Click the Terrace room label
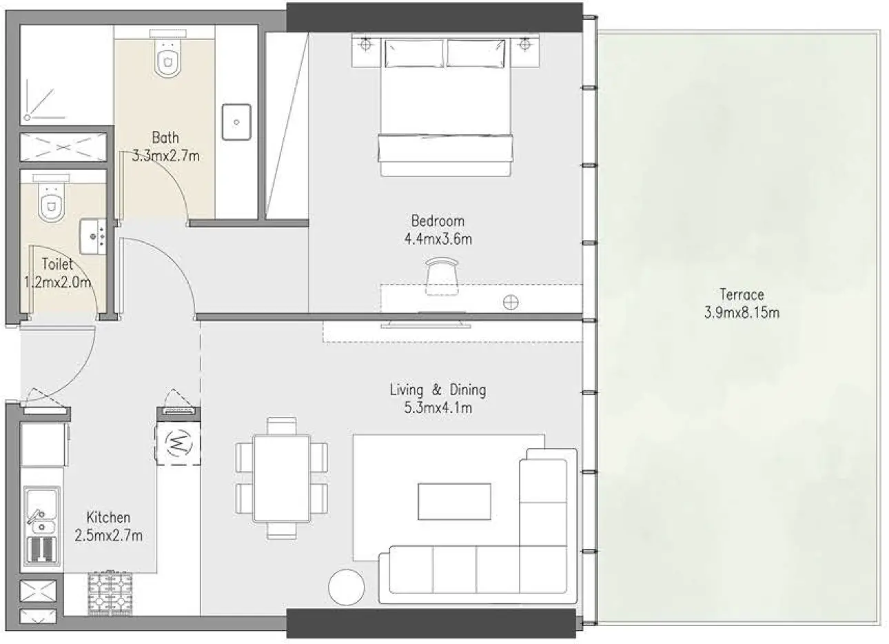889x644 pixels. point(742,294)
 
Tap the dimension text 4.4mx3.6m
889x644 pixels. point(438,240)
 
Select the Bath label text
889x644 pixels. point(165,137)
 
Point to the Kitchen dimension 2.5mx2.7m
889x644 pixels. point(108,535)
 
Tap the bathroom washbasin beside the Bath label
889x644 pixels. point(236,122)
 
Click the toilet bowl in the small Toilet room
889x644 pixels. point(50,204)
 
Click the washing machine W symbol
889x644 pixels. point(178,443)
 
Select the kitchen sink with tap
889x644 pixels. point(41,513)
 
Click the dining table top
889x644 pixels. point(281,476)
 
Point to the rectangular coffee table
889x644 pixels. point(455,501)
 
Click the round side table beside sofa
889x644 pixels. point(347,587)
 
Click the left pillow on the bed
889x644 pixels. point(413,53)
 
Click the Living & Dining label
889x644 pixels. point(438,390)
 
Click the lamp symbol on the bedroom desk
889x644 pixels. point(511,301)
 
